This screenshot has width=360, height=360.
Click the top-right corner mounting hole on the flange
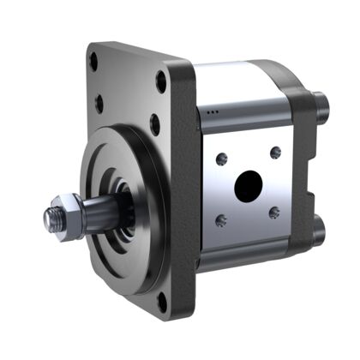pos(160,83)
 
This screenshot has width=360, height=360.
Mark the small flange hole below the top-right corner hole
pos(155,124)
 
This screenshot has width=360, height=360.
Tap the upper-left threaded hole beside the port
pos(222,157)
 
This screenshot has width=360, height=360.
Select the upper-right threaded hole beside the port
pos(275,153)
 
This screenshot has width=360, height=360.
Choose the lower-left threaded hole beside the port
pos(222,220)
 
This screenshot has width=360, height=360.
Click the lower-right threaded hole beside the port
pos(274,213)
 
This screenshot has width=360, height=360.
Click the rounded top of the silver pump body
pos(240,77)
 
